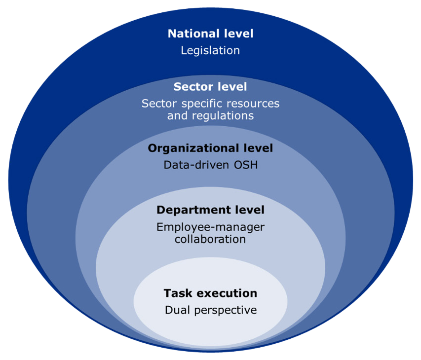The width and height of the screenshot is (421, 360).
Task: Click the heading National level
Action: point(210,34)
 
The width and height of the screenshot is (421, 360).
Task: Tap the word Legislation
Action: point(210,50)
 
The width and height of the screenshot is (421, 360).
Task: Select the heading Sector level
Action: point(210,87)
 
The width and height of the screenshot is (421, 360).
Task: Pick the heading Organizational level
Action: point(210,148)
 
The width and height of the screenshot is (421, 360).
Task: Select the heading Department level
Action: point(210,210)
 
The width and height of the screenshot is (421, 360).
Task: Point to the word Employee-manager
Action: point(210,227)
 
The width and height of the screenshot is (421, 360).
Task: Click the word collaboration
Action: point(210,239)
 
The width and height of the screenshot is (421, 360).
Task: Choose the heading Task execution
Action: point(210,293)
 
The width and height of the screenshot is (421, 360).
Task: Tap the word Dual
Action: point(176,310)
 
